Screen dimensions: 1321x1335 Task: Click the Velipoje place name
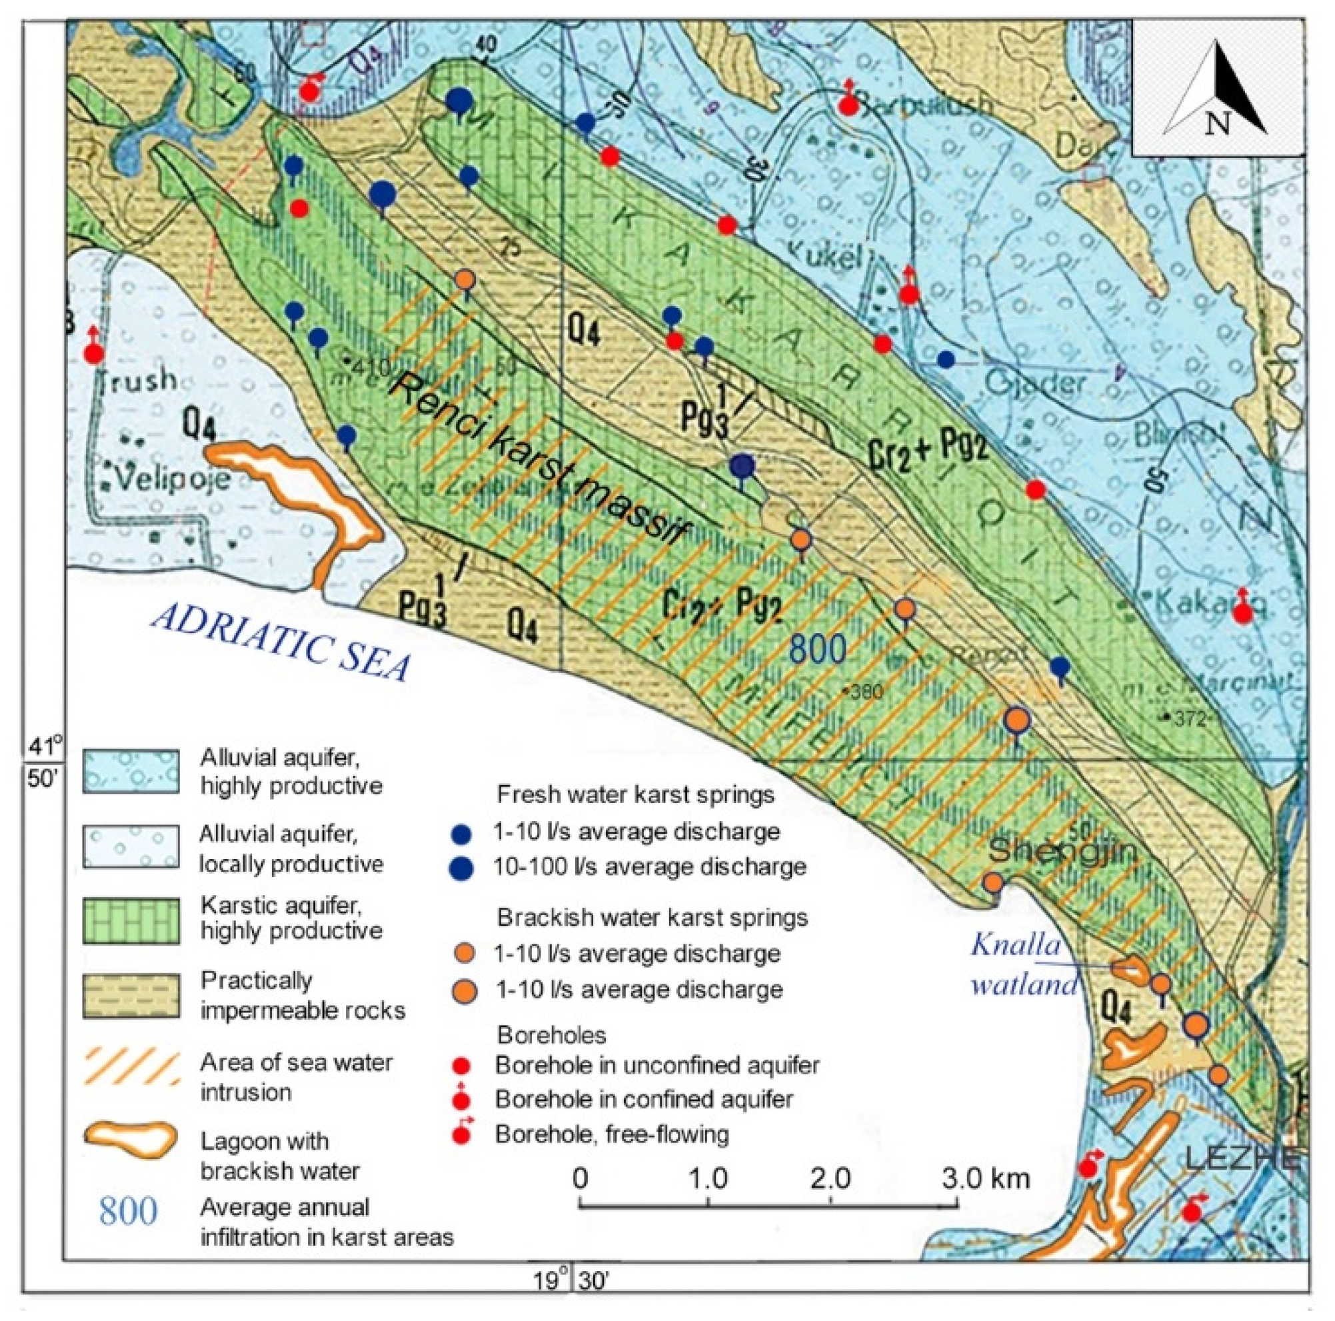[173, 477]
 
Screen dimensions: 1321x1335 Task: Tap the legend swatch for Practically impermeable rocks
[131, 996]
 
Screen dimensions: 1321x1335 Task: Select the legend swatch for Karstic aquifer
[131, 920]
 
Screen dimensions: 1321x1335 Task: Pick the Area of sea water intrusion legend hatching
[131, 1068]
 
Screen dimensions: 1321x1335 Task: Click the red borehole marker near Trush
[94, 353]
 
